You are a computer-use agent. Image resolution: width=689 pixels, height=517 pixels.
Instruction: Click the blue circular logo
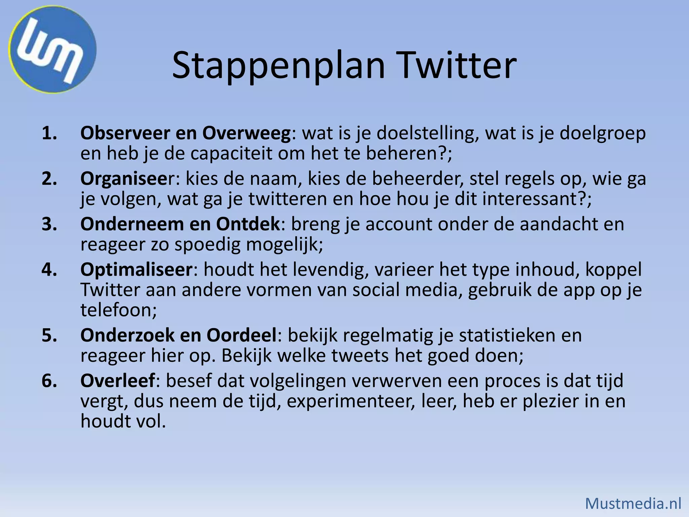pos(52,49)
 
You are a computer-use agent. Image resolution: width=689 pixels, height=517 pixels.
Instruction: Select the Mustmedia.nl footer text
pos(633,504)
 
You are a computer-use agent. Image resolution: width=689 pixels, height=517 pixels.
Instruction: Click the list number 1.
pos(49,133)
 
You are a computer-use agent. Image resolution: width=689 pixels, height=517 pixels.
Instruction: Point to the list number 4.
pos(49,270)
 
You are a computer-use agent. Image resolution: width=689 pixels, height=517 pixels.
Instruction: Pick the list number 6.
pos(49,381)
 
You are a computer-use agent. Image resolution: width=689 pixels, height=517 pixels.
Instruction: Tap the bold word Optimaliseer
pos(136,270)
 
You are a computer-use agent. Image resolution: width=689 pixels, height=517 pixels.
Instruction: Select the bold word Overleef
pos(118,381)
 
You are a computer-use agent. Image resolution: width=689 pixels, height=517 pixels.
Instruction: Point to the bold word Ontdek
pos(248,224)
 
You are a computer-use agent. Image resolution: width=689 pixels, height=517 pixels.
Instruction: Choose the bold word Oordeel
pos(241,336)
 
